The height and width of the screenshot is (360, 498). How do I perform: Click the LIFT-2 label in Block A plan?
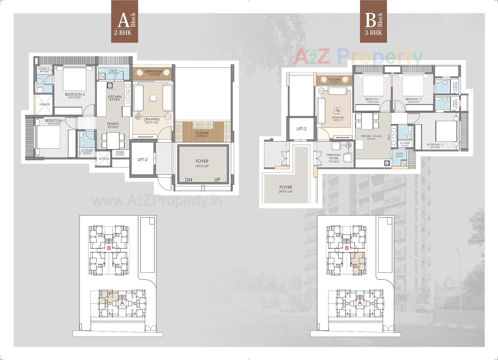click(142, 160)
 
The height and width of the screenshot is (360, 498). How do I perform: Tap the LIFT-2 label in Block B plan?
click(301, 129)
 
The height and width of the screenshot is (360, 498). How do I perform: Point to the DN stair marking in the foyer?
click(189, 180)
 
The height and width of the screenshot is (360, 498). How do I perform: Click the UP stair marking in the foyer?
click(217, 180)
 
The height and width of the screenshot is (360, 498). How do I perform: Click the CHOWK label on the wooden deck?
click(202, 133)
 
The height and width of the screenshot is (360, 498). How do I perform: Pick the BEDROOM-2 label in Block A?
click(75, 94)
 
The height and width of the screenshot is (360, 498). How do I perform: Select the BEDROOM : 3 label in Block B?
click(435, 144)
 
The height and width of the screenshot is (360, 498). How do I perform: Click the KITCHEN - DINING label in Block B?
click(371, 136)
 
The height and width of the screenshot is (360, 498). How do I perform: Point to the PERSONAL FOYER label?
click(334, 157)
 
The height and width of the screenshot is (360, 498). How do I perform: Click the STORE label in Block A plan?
click(120, 152)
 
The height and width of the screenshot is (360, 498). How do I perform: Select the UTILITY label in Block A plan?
click(113, 71)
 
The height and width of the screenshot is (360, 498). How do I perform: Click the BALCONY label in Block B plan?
click(334, 80)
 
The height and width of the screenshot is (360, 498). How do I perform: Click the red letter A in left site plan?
click(122, 303)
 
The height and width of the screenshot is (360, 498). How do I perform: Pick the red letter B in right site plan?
click(347, 248)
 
